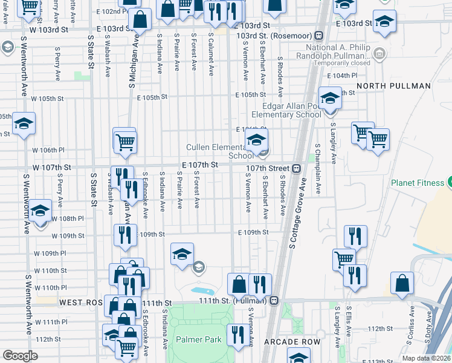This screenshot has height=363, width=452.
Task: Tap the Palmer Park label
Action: [x=198, y=340]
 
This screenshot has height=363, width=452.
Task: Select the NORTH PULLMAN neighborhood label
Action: [x=393, y=86]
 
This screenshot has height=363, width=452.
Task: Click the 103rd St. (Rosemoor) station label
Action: [x=276, y=36]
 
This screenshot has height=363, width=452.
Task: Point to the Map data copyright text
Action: [x=427, y=358]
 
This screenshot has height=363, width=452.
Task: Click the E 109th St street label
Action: [x=253, y=232]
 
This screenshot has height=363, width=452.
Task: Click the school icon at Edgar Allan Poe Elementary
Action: [x=330, y=97]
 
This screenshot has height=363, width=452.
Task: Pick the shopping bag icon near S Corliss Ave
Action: [x=402, y=283]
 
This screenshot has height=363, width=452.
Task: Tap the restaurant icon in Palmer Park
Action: [x=236, y=332]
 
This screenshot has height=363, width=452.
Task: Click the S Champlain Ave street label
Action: [x=318, y=169]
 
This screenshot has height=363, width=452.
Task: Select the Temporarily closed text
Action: [x=342, y=63]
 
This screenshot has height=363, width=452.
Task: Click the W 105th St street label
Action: [x=48, y=98]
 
